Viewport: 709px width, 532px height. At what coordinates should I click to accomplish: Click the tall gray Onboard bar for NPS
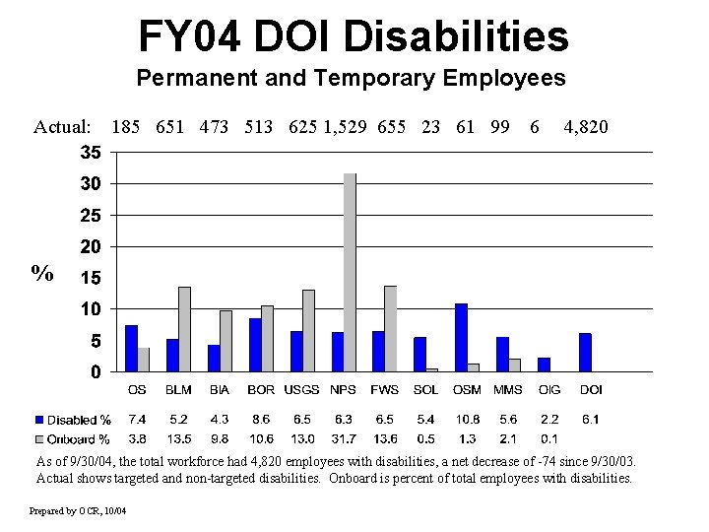tap(350, 272)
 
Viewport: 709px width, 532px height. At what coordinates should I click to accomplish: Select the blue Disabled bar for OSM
tap(461, 337)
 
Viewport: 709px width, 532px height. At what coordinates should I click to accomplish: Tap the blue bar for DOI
tap(585, 352)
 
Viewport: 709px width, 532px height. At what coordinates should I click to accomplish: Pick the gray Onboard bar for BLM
tap(184, 328)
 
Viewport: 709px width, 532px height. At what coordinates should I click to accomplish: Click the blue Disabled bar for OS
tap(131, 348)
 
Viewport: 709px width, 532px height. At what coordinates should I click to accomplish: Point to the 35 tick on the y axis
tap(90, 153)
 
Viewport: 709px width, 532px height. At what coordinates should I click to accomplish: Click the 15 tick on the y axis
tap(90, 279)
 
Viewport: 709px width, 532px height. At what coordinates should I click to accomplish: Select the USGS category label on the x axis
tap(302, 390)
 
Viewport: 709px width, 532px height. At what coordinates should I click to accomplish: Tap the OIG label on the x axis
tap(549, 390)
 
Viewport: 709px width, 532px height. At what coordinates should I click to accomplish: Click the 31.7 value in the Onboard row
tap(346, 438)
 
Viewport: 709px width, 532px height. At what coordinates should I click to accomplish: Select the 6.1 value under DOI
tap(590, 420)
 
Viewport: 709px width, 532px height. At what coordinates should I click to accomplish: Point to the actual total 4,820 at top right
tap(585, 127)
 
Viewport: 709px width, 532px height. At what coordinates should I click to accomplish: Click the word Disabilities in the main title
tap(459, 37)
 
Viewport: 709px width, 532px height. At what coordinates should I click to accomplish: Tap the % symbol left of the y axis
tap(42, 273)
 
